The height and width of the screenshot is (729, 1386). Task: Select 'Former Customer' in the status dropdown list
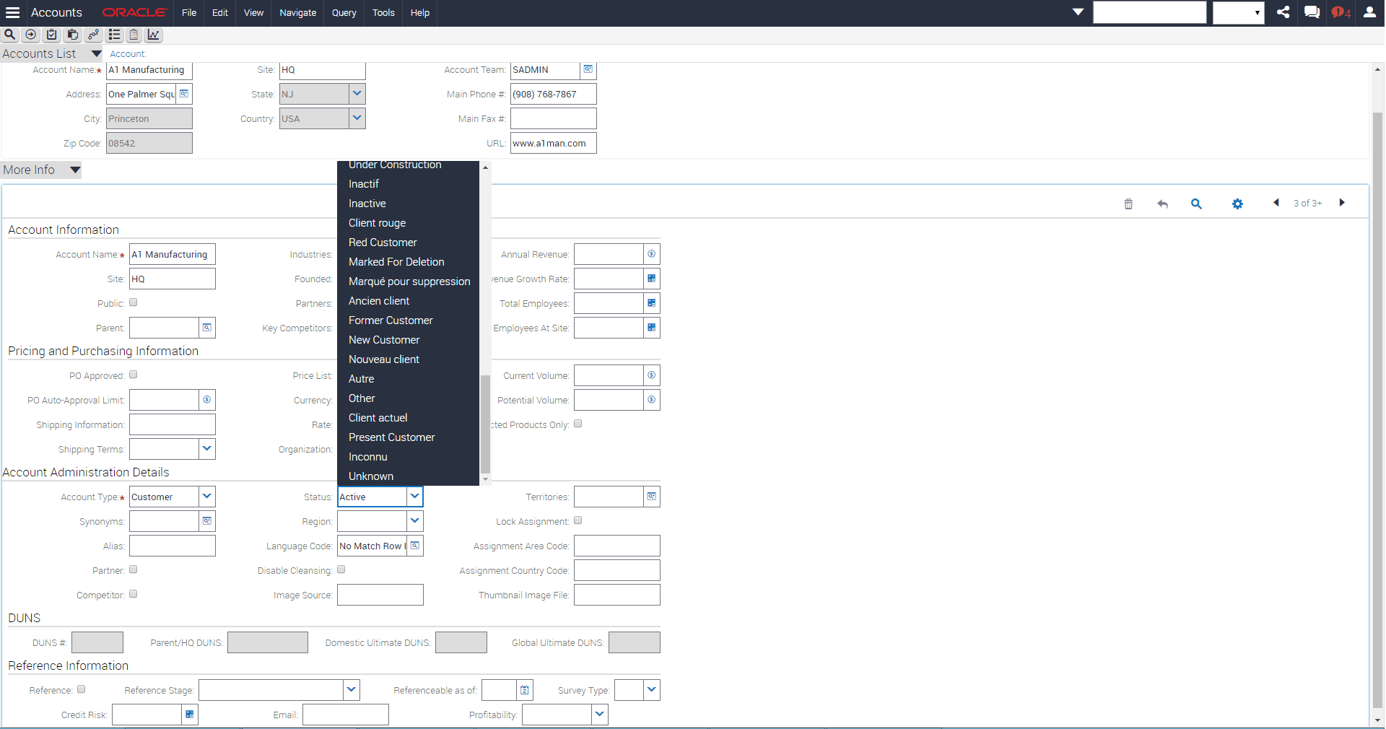pyautogui.click(x=391, y=320)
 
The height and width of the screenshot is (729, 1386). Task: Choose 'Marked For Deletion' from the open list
pyautogui.click(x=396, y=262)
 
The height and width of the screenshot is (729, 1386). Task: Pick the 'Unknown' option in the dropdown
pyautogui.click(x=371, y=476)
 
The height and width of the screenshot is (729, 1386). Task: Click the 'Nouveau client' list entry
pyautogui.click(x=383, y=359)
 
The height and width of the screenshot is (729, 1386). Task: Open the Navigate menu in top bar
pyautogui.click(x=297, y=13)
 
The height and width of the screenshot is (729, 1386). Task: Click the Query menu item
pyautogui.click(x=344, y=13)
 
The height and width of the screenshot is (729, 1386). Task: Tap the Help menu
pyautogui.click(x=419, y=13)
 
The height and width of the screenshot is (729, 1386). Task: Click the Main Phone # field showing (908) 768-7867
pyautogui.click(x=553, y=95)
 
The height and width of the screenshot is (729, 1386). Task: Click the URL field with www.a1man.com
pyautogui.click(x=553, y=144)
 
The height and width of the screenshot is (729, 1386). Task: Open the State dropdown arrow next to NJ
pyautogui.click(x=357, y=94)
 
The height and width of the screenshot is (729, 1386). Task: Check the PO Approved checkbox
pyautogui.click(x=134, y=375)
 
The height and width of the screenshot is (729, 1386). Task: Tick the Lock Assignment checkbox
pyautogui.click(x=578, y=520)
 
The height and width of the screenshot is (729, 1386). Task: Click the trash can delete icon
pyautogui.click(x=1128, y=204)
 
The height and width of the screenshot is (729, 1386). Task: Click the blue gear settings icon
pyautogui.click(x=1237, y=204)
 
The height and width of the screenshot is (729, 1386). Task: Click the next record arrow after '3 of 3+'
pyautogui.click(x=1342, y=203)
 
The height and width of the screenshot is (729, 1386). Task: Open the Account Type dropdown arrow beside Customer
pyautogui.click(x=207, y=497)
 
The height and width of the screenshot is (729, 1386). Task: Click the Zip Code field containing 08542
pyautogui.click(x=149, y=144)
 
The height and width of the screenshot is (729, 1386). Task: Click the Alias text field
pyautogui.click(x=172, y=546)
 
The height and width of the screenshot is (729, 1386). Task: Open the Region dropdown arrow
pyautogui.click(x=415, y=521)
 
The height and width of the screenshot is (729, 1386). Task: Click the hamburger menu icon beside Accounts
pyautogui.click(x=12, y=13)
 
